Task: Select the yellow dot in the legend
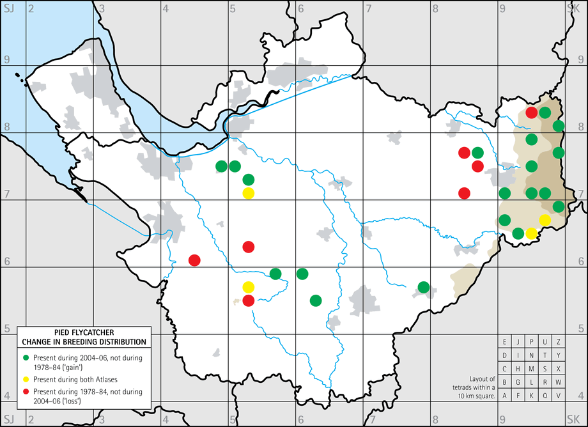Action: click(25, 377)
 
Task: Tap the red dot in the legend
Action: click(25, 391)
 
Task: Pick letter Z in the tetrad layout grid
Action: click(558, 341)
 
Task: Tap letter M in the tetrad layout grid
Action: click(531, 369)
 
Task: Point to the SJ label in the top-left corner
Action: click(8, 8)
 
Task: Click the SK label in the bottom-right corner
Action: click(573, 419)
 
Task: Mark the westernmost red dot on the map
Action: click(194, 260)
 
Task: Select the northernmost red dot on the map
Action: click(531, 113)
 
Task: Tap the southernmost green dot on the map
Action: click(315, 300)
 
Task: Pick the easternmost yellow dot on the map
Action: click(545, 220)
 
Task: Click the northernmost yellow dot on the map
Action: click(248, 193)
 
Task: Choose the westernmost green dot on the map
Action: click(221, 166)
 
